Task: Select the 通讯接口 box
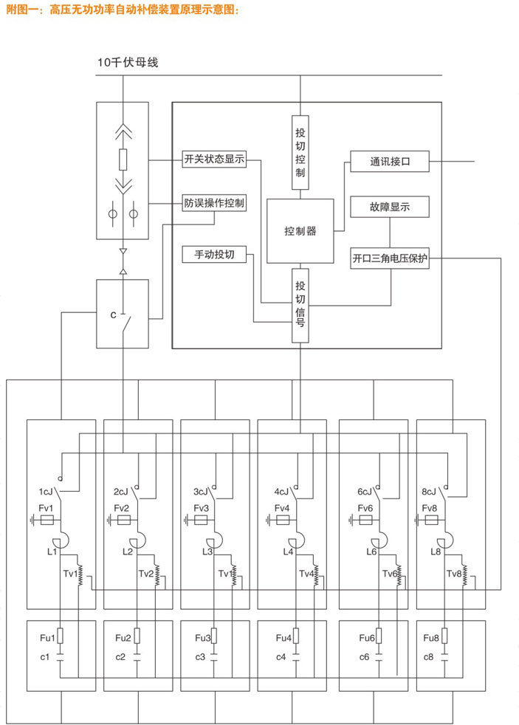coord(390,161)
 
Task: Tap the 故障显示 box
coord(390,207)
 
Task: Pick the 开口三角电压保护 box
coord(390,258)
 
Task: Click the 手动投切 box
coord(214,255)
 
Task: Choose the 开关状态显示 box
coord(214,159)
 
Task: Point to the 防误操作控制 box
coord(214,202)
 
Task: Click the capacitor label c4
coord(281,657)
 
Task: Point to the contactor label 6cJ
coord(364,491)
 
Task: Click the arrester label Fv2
coord(121,508)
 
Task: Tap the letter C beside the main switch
coord(112,314)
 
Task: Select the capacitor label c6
coord(364,657)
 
